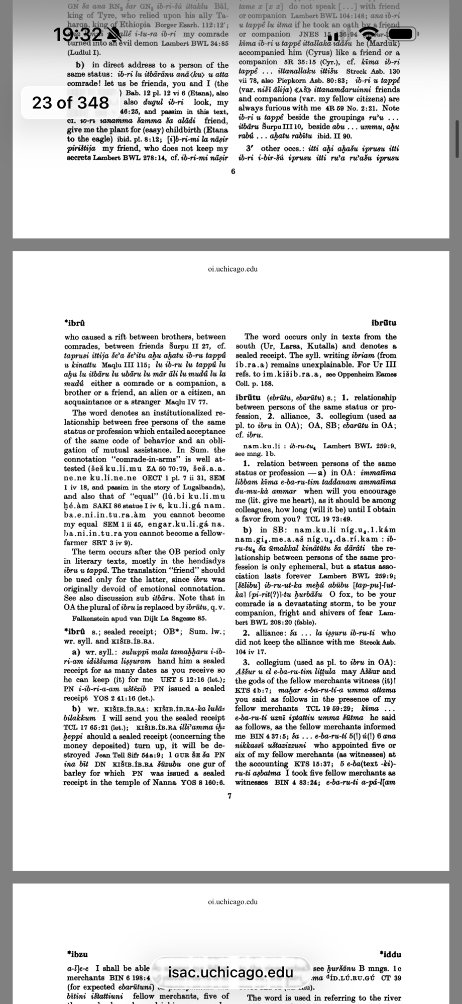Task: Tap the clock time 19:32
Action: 78,34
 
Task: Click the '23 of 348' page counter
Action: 70,102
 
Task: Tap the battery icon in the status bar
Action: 401,34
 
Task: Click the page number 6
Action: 233,171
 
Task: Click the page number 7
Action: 229,796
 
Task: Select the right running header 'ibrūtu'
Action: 384,323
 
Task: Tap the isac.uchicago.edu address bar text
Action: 231,972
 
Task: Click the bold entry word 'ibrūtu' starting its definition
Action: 250,398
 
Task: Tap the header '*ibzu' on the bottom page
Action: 77,954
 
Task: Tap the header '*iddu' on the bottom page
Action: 391,954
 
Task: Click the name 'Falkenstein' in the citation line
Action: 92,618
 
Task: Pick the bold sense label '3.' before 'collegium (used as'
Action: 246,662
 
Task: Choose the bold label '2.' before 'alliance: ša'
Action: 246,633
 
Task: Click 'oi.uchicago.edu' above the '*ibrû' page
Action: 233,269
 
